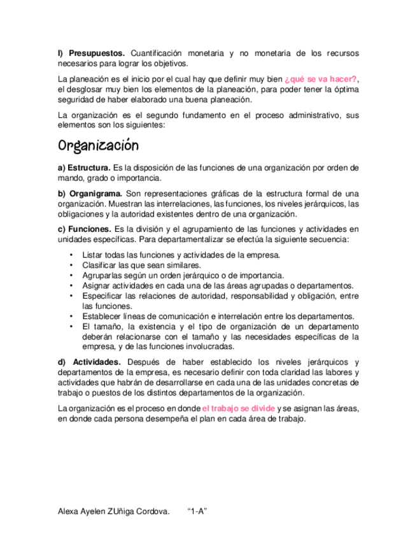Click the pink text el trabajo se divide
[x=239, y=408]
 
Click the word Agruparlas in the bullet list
[x=104, y=275]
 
